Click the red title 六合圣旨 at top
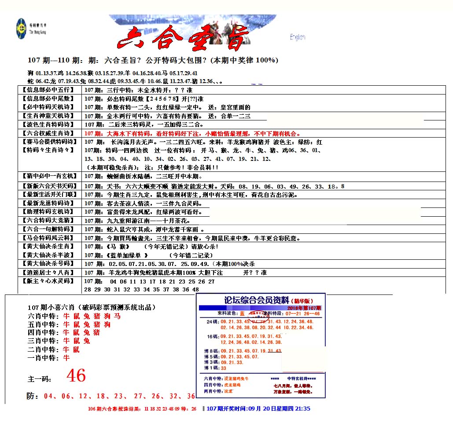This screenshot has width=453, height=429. [183, 37]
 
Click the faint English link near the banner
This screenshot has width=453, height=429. [297, 37]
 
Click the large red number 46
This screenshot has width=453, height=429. [76, 376]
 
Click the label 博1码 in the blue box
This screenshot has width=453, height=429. [211, 368]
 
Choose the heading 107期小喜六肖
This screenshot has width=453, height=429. [92, 307]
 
